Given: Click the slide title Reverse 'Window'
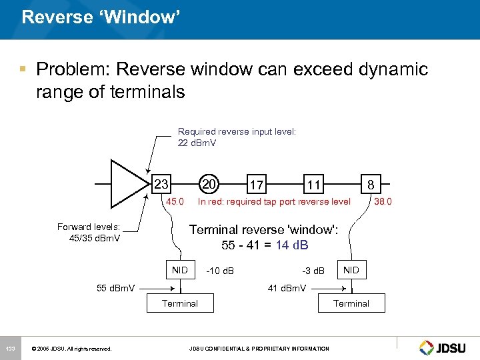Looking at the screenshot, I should tap(101, 17).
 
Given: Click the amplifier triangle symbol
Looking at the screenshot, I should tap(127, 184).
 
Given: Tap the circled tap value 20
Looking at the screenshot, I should tap(209, 184).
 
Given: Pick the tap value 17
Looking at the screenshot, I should tap(256, 185).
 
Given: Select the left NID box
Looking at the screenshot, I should tap(180, 270).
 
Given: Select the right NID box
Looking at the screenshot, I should tap(351, 270).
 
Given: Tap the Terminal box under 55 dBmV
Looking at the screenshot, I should tap(180, 303).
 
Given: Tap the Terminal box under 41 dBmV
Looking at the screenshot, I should tap(351, 303).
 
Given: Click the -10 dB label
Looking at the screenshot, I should tap(219, 271).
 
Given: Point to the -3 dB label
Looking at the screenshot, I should tap(313, 271).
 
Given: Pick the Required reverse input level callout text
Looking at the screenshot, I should tap(237, 137).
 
